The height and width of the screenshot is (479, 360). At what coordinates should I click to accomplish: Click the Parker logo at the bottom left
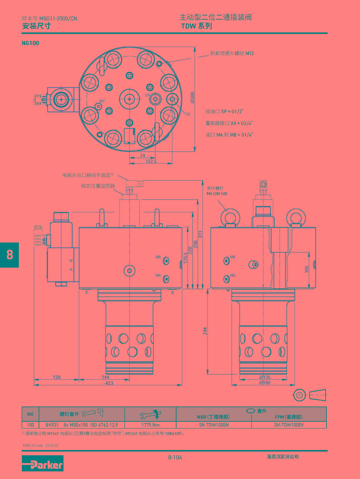point(43,463)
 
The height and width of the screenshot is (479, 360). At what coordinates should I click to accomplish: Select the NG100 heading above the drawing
point(30,43)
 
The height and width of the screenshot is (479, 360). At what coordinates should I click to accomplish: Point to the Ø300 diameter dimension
point(192,98)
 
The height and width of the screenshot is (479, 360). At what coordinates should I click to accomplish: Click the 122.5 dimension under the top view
point(151,161)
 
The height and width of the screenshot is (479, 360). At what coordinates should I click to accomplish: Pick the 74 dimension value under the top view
point(143,155)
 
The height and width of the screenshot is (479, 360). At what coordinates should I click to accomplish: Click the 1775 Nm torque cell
point(150,425)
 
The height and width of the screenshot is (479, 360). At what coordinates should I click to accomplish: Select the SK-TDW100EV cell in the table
point(289,425)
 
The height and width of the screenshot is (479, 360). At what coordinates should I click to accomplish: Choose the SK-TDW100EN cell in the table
point(214,425)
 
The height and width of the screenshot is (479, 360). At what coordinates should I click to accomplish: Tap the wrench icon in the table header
point(150,414)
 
